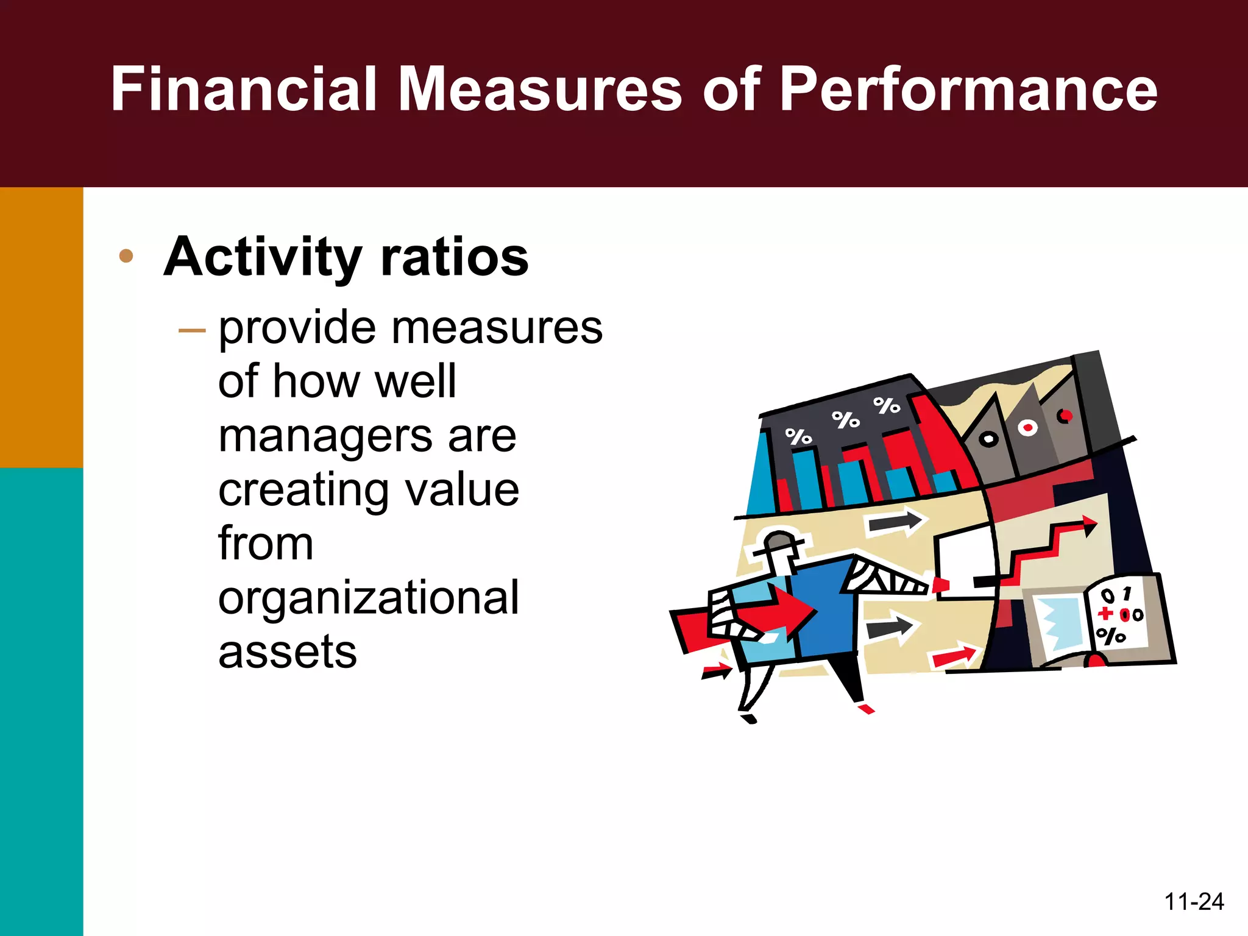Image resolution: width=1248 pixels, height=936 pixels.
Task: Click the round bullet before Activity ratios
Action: (x=126, y=256)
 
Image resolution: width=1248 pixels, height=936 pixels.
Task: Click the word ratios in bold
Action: (x=455, y=257)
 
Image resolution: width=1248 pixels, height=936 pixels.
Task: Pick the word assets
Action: (x=287, y=652)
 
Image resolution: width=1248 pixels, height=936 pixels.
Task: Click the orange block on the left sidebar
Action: (x=41, y=327)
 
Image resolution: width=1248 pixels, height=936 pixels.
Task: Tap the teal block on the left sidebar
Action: (x=41, y=701)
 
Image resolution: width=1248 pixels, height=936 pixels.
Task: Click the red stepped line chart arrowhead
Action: (x=1088, y=525)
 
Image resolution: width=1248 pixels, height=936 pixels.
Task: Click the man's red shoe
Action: (x=866, y=709)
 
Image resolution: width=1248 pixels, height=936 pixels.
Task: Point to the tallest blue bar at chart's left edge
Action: (x=761, y=475)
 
